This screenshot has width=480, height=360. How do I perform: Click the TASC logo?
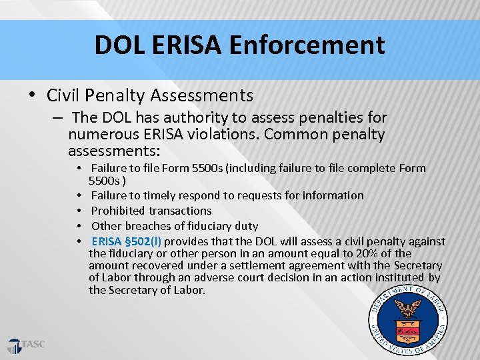pos(27,345)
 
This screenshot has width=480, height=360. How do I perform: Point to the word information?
pos(331,195)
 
